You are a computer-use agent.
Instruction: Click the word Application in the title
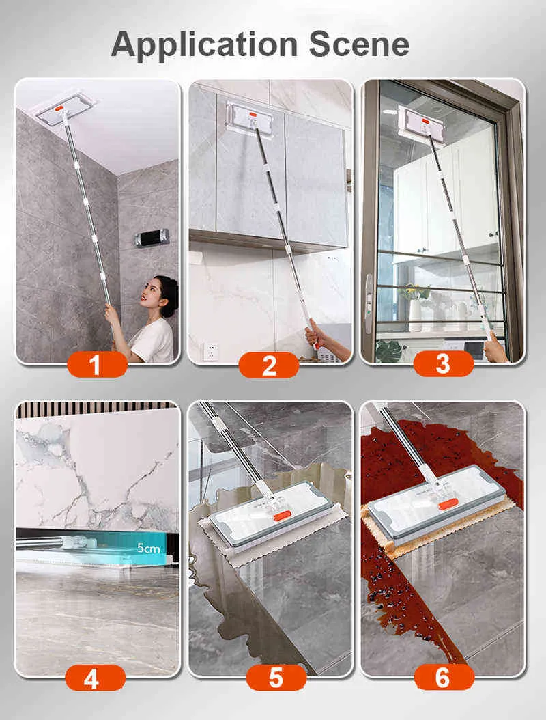pyautogui.click(x=204, y=45)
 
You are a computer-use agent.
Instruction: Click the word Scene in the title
pyautogui.click(x=359, y=44)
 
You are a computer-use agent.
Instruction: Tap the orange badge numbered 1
pyautogui.click(x=98, y=365)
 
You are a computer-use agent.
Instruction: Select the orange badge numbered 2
pyautogui.click(x=269, y=365)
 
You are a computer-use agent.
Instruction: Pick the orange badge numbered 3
pyautogui.click(x=443, y=363)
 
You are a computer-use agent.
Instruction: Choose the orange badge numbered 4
pyautogui.click(x=96, y=678)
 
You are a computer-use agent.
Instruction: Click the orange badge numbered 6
pyautogui.click(x=444, y=678)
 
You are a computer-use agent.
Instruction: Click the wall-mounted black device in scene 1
pyautogui.click(x=152, y=238)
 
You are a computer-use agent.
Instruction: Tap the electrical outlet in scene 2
pyautogui.click(x=210, y=351)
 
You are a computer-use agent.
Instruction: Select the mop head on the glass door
pyautogui.click(x=422, y=124)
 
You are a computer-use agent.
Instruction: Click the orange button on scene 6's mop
pyautogui.click(x=448, y=506)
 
